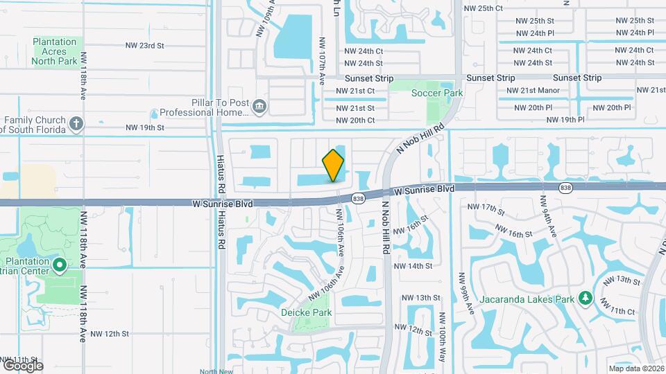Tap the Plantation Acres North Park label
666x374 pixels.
click(x=54, y=51)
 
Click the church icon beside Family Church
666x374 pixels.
click(x=76, y=125)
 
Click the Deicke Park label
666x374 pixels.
click(x=306, y=312)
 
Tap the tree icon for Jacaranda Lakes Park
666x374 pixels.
click(x=586, y=299)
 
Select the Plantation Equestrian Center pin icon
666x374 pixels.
click(x=59, y=265)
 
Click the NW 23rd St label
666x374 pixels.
click(x=144, y=45)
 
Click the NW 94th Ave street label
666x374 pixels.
click(x=548, y=218)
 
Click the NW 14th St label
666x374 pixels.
click(x=413, y=266)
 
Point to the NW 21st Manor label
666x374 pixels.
click(x=533, y=91)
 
